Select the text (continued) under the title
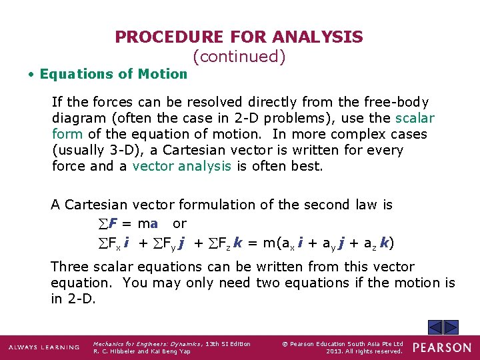(239, 57)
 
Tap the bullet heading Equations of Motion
(113, 74)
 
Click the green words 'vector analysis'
(181, 166)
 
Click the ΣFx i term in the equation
(110, 243)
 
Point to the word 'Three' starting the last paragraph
(70, 267)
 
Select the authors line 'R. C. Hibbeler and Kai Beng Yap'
(141, 351)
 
